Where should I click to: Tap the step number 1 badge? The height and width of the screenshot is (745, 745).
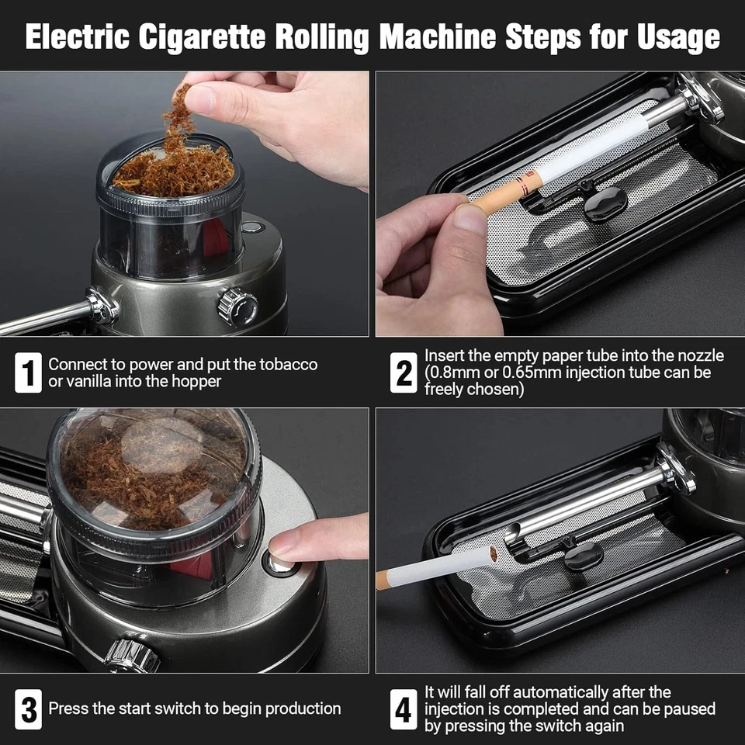28,372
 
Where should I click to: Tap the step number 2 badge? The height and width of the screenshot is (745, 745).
403,372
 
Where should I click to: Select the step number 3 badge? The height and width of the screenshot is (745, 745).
28,709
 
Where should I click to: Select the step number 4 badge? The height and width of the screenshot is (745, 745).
403,709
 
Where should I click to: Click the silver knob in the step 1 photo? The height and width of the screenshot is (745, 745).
238,307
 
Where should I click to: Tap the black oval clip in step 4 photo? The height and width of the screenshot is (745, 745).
584,556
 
